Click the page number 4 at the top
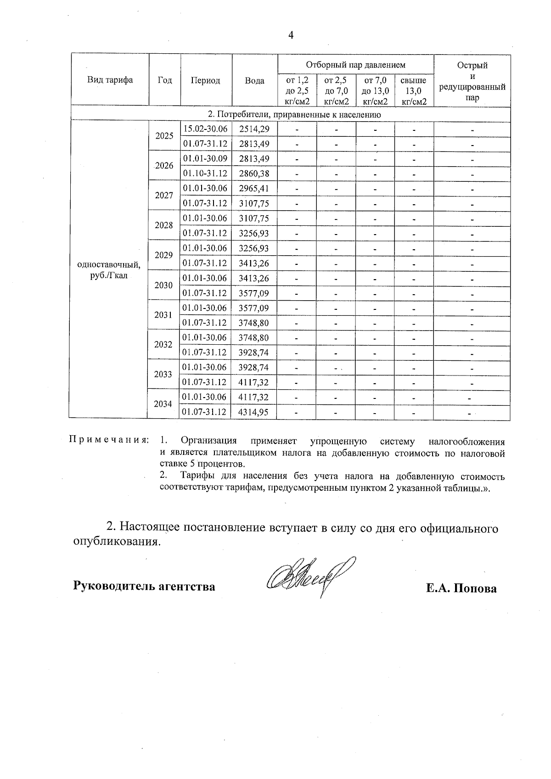point(290,35)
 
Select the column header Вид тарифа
point(110,80)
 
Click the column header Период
point(205,80)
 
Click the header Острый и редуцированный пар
point(472,81)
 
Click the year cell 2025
point(164,136)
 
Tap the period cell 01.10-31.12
point(205,174)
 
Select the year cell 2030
point(163,285)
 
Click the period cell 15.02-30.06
point(205,129)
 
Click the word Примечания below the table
point(109,440)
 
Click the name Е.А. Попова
point(461,589)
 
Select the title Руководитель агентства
point(145,586)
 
